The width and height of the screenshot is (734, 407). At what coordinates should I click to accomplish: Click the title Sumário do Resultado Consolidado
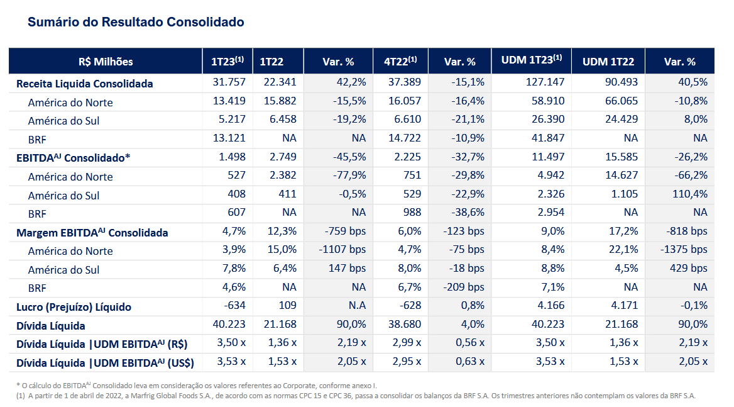coord(136,22)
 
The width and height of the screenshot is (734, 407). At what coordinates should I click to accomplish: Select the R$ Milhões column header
coord(106,62)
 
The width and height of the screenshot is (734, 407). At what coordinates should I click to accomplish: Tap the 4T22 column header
coord(400,62)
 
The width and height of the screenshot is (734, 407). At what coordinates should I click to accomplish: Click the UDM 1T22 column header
coord(608,62)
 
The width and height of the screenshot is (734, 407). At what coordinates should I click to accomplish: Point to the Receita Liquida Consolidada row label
coord(85,83)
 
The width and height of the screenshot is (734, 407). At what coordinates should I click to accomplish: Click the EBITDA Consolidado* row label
coord(74,158)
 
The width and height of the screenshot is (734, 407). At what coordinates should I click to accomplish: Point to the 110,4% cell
coord(690,194)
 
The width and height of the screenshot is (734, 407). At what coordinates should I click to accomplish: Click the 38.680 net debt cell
coord(405,325)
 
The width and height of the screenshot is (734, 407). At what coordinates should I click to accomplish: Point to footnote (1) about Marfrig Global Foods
coord(356,396)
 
